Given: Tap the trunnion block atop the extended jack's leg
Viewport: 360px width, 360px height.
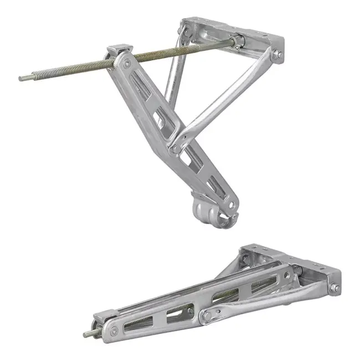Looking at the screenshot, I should pyautogui.click(x=118, y=52).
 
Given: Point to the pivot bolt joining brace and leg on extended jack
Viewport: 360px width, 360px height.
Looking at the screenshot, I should pyautogui.click(x=176, y=148).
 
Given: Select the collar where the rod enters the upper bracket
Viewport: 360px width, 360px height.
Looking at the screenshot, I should pyautogui.click(x=239, y=40).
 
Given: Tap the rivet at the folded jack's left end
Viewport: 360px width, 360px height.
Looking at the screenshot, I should pyautogui.click(x=114, y=331).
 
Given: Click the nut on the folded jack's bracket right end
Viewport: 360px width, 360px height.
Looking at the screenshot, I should pyautogui.click(x=334, y=289).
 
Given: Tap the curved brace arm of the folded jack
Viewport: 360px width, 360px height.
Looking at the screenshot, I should pyautogui.click(x=266, y=305).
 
